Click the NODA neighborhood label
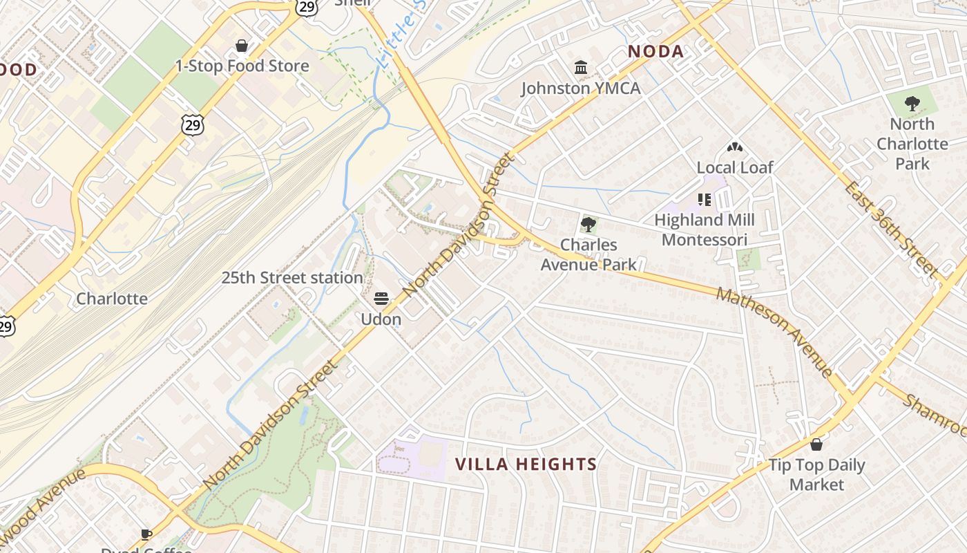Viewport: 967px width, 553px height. pyautogui.click(x=655, y=51)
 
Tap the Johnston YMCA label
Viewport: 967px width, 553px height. pyautogui.click(x=580, y=88)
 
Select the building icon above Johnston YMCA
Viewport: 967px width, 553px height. pyautogui.click(x=581, y=68)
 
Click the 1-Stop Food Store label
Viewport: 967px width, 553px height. pyautogui.click(x=242, y=66)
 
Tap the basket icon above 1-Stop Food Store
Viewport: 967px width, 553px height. pyautogui.click(x=242, y=46)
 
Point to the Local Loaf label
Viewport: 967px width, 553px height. pyautogui.click(x=734, y=167)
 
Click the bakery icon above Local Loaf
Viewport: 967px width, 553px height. pyautogui.click(x=734, y=147)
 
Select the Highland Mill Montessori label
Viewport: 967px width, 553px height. pyautogui.click(x=704, y=229)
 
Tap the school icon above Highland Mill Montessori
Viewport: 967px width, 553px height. pyautogui.click(x=704, y=200)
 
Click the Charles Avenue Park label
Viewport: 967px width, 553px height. pyautogui.click(x=588, y=254)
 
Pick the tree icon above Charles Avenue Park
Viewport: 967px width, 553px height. pyautogui.click(x=588, y=224)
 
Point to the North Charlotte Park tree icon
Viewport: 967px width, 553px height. pyautogui.click(x=912, y=104)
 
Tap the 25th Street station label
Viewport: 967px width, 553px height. pyautogui.click(x=291, y=278)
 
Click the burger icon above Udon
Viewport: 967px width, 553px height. pyautogui.click(x=381, y=299)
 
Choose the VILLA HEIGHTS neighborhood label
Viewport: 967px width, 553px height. pyautogui.click(x=526, y=464)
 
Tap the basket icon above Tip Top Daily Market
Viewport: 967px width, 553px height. pyautogui.click(x=816, y=444)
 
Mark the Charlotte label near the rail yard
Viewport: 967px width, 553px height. pyautogui.click(x=112, y=299)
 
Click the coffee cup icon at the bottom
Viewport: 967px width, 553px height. pyautogui.click(x=146, y=534)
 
